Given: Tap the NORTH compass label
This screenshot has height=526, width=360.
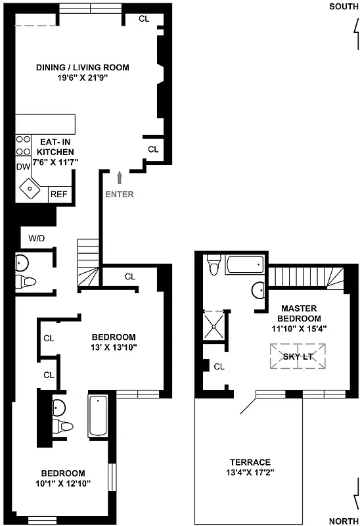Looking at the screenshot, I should pyautogui.click(x=344, y=521).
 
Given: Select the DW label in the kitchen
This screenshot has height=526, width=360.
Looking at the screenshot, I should pyautogui.click(x=23, y=166).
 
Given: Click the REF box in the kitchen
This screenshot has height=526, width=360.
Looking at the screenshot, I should pyautogui.click(x=59, y=195).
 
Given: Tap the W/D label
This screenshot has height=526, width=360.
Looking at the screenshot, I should pyautogui.click(x=36, y=237).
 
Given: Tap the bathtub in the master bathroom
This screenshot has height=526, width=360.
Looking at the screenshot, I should pyautogui.click(x=244, y=266).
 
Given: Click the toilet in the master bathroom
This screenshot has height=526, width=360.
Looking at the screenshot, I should pyautogui.click(x=214, y=266).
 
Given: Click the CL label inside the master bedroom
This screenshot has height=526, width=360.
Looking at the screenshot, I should pyautogui.click(x=219, y=367).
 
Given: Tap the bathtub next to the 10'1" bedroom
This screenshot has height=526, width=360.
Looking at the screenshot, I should pyautogui.click(x=97, y=416).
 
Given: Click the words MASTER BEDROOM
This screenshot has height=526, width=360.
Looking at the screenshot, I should pyautogui.click(x=299, y=314).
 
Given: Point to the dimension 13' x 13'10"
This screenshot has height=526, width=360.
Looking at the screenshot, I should pyautogui.click(x=113, y=347).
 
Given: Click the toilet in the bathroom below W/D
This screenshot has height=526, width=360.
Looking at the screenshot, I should pyautogui.click(x=26, y=282).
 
